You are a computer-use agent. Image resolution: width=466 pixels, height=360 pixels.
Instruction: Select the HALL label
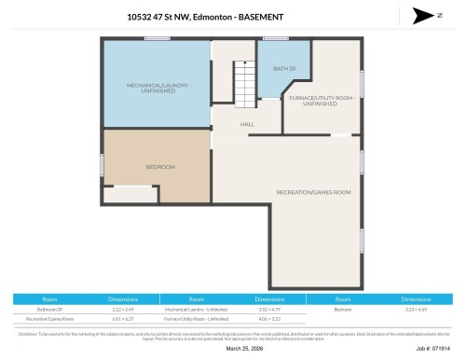247,124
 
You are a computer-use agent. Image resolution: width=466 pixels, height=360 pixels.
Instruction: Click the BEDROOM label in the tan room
160,167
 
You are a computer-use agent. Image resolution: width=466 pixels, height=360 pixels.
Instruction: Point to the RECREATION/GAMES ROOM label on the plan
313,192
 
